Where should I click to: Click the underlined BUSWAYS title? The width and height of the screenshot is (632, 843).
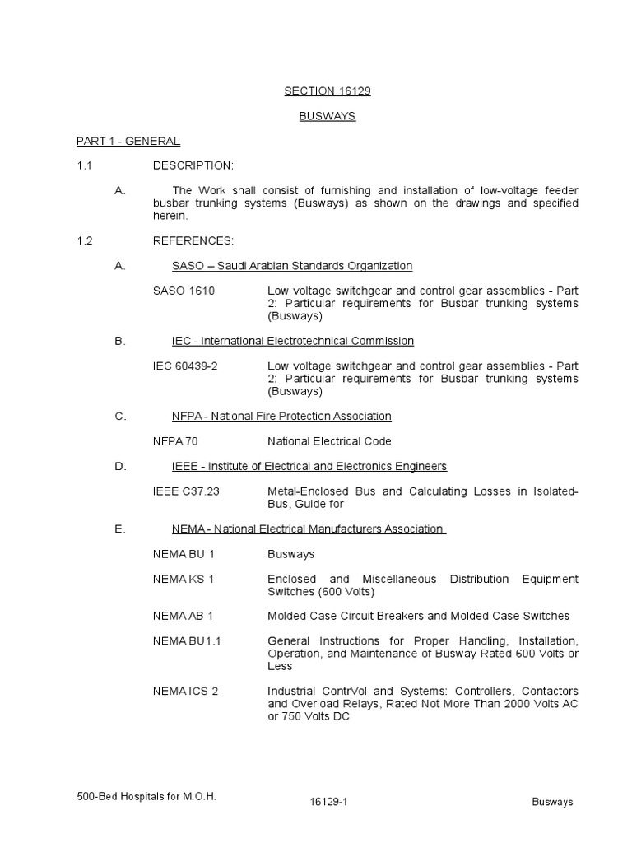(x=328, y=116)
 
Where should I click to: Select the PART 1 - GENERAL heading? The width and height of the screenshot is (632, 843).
(x=128, y=141)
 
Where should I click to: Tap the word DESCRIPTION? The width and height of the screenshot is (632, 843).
(x=193, y=165)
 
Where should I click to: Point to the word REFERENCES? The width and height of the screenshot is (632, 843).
(x=193, y=240)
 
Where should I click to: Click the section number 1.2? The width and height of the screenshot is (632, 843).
(x=85, y=240)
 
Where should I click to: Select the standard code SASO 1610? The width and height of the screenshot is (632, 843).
(x=184, y=291)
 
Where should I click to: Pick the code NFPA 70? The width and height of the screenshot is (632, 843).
(x=175, y=441)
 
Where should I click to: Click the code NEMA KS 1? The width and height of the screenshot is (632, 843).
(x=183, y=579)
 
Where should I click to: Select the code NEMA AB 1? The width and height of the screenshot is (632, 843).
(x=183, y=616)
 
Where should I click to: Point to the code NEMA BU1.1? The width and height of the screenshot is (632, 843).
(x=187, y=640)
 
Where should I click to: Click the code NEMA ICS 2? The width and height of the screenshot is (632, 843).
(x=185, y=691)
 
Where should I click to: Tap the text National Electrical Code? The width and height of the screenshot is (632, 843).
(x=329, y=441)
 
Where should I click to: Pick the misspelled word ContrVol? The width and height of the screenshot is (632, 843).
(x=341, y=691)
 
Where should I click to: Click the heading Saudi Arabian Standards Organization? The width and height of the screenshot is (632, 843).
(x=314, y=266)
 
